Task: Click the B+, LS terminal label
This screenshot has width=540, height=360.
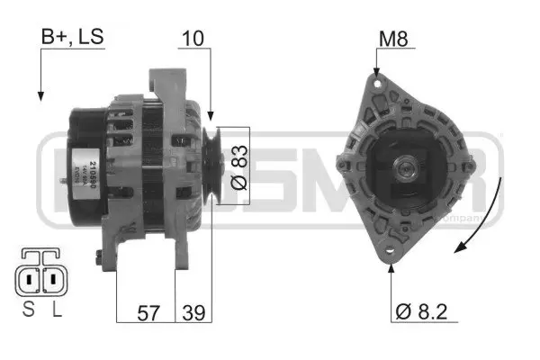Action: tap(72, 38)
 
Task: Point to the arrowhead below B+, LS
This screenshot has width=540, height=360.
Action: tap(40, 93)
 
